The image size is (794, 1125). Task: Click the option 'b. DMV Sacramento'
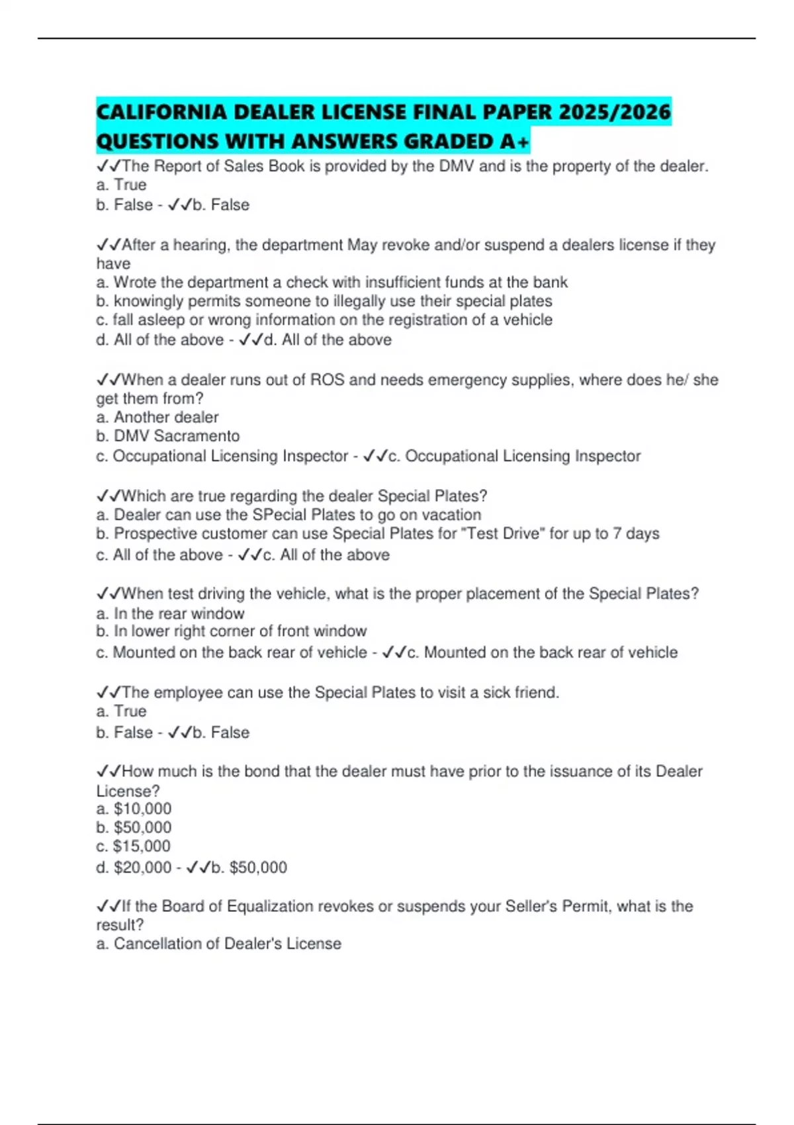click(167, 436)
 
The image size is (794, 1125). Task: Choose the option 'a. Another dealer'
click(157, 418)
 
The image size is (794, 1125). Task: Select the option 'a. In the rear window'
click(170, 613)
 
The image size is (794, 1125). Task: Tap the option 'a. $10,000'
click(134, 809)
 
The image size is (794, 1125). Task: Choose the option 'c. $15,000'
click(133, 846)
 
